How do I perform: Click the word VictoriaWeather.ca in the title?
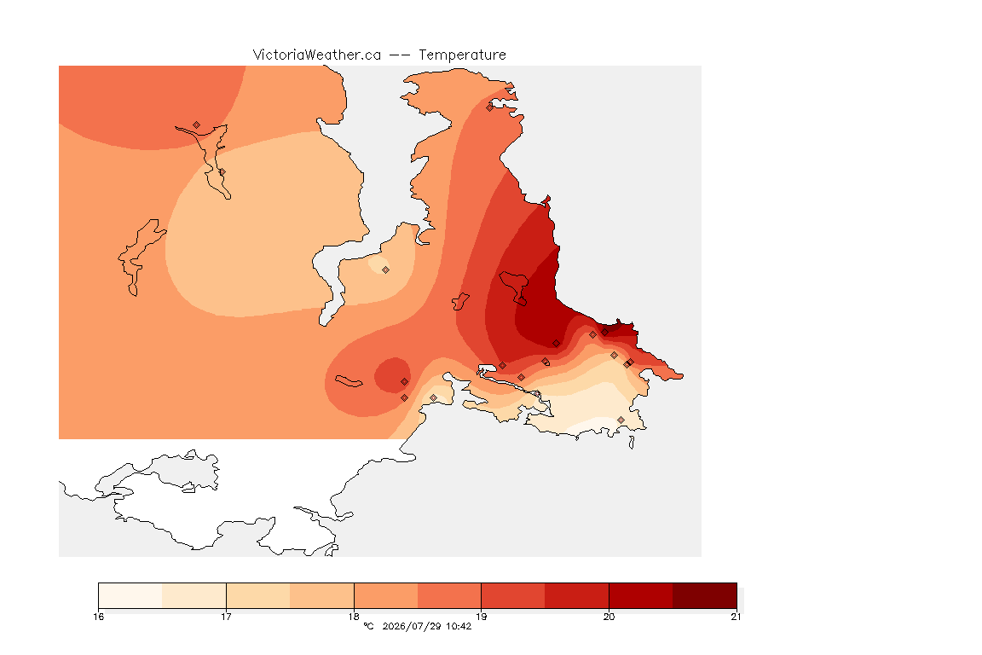tap(317, 55)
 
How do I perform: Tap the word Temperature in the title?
tap(462, 55)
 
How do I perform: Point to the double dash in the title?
tap(400, 55)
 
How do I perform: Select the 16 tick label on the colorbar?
tap(98, 617)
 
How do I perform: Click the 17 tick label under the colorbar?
tap(226, 617)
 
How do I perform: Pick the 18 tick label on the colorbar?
tap(354, 617)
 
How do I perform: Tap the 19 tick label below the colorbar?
tap(481, 617)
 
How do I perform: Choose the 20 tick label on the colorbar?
tap(609, 617)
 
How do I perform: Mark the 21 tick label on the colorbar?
tap(736, 617)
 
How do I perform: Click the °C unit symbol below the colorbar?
tap(369, 626)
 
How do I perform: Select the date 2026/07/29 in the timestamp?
tap(412, 626)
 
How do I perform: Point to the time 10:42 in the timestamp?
tap(459, 626)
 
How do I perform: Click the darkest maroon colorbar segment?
tap(705, 595)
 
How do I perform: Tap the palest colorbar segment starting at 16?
tap(130, 595)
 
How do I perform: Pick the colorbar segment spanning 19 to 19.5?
tap(513, 595)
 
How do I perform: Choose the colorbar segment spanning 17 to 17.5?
tap(258, 595)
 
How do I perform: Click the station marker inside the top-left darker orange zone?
tap(197, 125)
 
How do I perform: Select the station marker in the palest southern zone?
tap(621, 420)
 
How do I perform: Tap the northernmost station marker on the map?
tap(490, 107)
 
